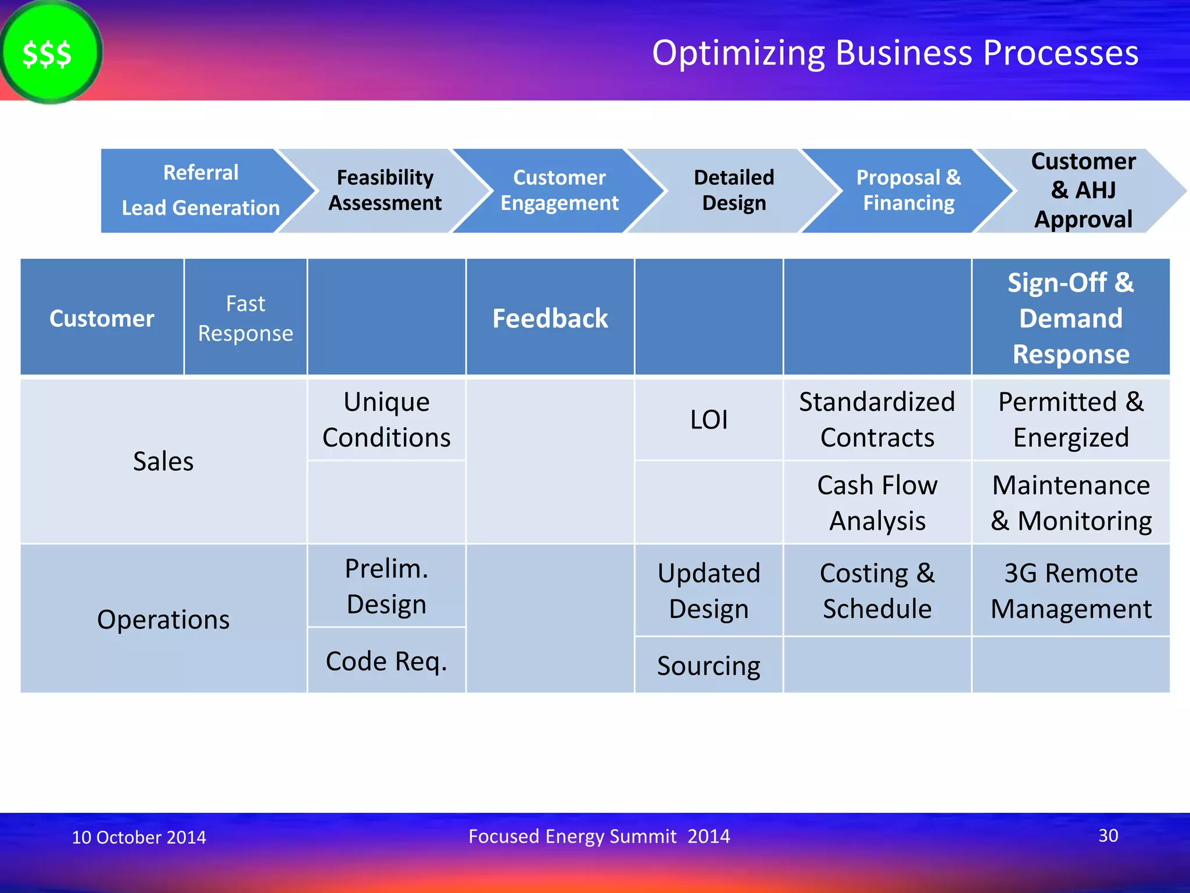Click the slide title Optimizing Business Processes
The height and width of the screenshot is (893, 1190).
click(895, 53)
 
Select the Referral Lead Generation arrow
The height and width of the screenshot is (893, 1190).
click(200, 191)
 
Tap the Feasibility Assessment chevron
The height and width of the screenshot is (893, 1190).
click(385, 191)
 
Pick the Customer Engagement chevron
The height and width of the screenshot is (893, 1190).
click(559, 191)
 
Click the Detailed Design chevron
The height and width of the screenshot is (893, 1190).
click(733, 191)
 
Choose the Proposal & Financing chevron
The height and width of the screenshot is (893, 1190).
click(908, 191)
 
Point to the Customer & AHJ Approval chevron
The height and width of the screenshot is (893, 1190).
click(1083, 191)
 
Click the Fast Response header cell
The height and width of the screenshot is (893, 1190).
click(245, 318)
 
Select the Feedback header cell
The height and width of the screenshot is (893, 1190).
click(550, 318)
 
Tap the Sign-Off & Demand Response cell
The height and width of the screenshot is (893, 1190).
click(1070, 318)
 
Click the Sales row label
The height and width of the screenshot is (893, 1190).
click(163, 462)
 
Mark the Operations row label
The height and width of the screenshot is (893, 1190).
click(163, 619)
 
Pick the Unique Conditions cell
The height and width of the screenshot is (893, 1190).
click(386, 420)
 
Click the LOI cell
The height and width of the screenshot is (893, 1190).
click(708, 420)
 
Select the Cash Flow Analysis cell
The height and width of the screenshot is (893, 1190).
click(877, 503)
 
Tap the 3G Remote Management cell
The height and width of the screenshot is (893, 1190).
click(1070, 591)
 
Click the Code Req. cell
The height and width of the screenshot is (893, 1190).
click(386, 661)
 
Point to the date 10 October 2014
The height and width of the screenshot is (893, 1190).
click(138, 837)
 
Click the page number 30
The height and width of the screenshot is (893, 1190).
click(1108, 835)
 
